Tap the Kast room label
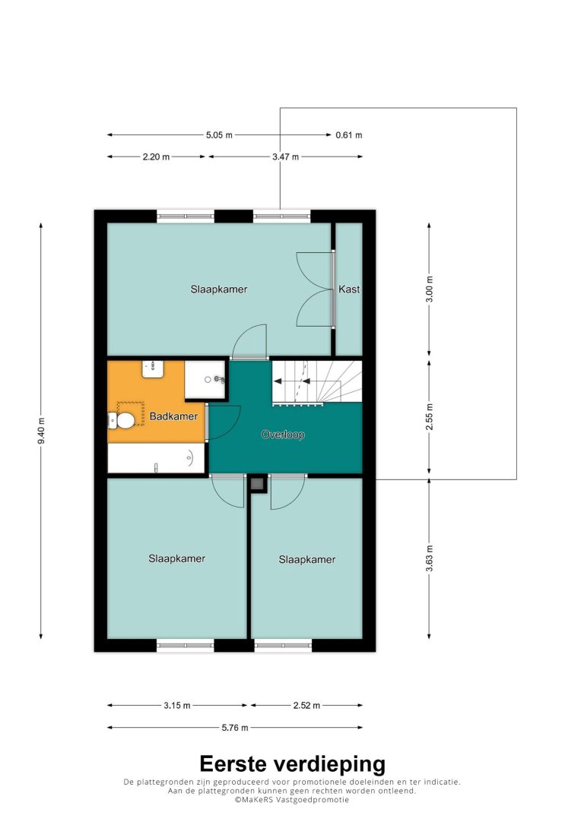click(x=349, y=289)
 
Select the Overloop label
click(x=283, y=435)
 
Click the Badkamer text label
click(x=173, y=416)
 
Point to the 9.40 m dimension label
click(x=42, y=431)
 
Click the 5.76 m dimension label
click(x=235, y=728)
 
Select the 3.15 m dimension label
click(x=177, y=705)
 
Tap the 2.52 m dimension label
click(x=306, y=705)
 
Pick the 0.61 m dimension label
click(x=348, y=134)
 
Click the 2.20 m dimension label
click(x=156, y=156)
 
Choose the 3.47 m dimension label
click(x=285, y=156)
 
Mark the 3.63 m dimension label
click(x=430, y=558)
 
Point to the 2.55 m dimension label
click(x=430, y=417)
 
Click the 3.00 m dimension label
click(x=430, y=289)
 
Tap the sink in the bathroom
click(x=154, y=369)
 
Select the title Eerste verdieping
click(x=292, y=763)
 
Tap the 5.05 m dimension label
click(x=219, y=134)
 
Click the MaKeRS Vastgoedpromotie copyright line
click(x=292, y=800)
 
